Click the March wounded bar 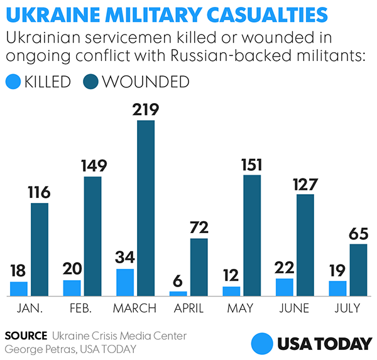[146, 208]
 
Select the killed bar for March [125, 282]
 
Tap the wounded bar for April [199, 267]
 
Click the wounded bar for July [358, 270]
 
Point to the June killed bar [284, 286]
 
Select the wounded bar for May [252, 235]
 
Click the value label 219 [146, 109]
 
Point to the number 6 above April [178, 280]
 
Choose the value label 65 [358, 233]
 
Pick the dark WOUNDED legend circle [92, 82]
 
